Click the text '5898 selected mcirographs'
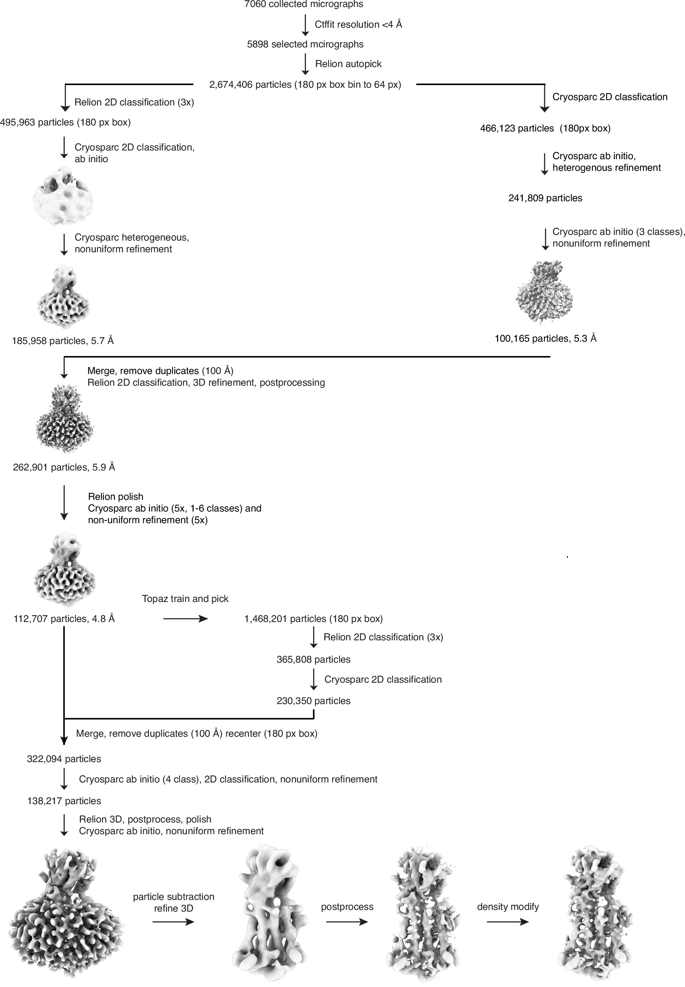(x=305, y=44)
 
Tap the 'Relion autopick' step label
(x=348, y=64)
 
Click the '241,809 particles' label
(x=545, y=198)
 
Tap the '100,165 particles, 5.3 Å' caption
(x=545, y=338)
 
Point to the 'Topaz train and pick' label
(x=185, y=599)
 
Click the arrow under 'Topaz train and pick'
(x=185, y=619)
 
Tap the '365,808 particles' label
(x=313, y=659)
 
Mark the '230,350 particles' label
(x=313, y=701)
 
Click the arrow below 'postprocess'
(x=347, y=922)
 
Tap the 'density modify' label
(x=508, y=907)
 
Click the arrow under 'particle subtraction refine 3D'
(x=173, y=922)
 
